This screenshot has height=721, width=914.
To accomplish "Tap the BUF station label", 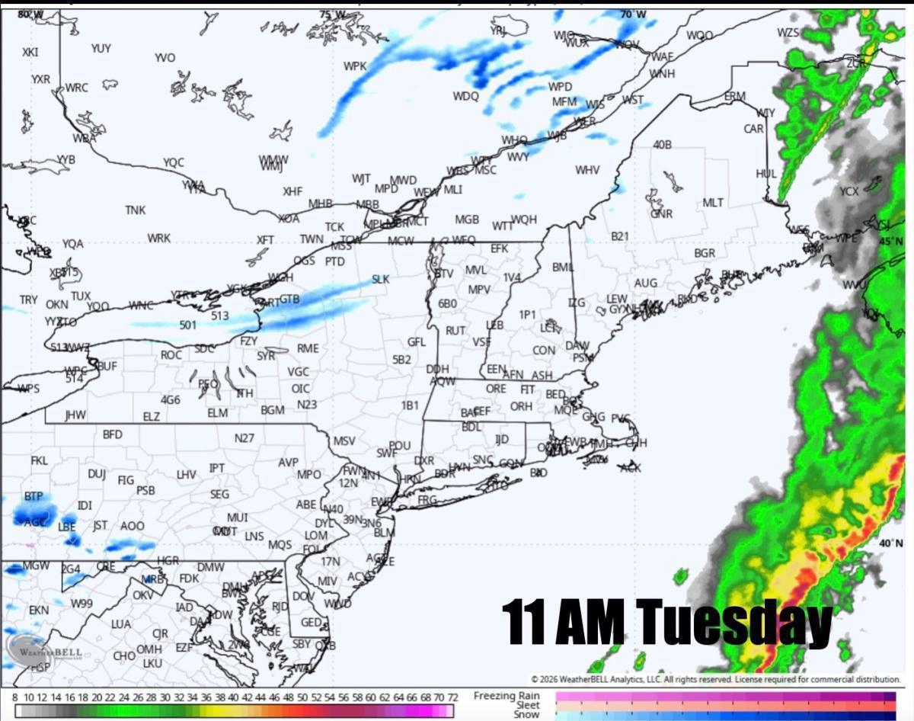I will pos(107,367).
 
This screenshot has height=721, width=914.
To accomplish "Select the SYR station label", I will pos(266,356).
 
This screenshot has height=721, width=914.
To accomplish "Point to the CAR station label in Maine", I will pos(753,129).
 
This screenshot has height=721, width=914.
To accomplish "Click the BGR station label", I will pos(705,253).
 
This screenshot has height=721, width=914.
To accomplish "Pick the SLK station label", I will pos(380,280).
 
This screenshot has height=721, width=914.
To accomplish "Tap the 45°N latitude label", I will pos(890,242).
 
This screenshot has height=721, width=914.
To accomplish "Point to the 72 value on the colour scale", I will pos(452,697).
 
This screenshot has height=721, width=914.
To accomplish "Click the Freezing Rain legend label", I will pos(507,696).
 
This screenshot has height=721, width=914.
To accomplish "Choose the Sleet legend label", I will pos(527,706).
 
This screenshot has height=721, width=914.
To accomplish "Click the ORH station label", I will pos(521,407).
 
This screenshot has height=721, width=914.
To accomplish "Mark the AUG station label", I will pos(645,284).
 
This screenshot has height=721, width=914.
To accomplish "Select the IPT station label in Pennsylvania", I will pos(217,467).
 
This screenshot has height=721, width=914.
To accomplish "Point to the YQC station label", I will pos(174,162).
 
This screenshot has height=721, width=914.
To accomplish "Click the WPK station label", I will pos(355,66).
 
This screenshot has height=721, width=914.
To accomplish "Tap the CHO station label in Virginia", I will pos(124,655).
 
